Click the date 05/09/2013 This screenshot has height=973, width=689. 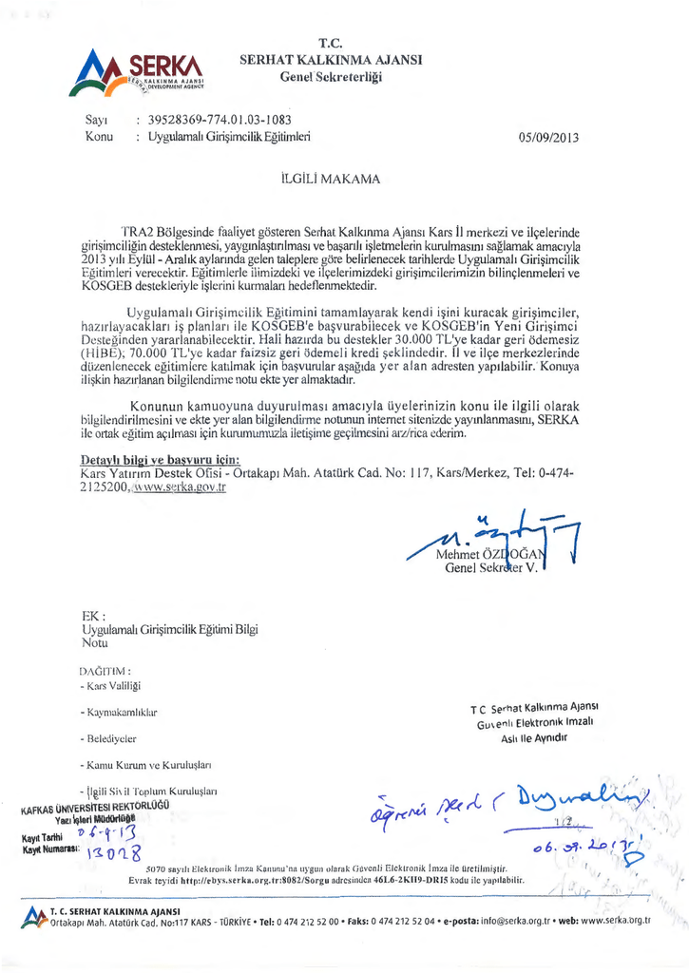pyautogui.click(x=548, y=138)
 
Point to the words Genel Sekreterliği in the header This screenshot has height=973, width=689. pyautogui.click(x=331, y=76)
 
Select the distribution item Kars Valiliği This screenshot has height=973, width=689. pyautogui.click(x=115, y=685)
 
